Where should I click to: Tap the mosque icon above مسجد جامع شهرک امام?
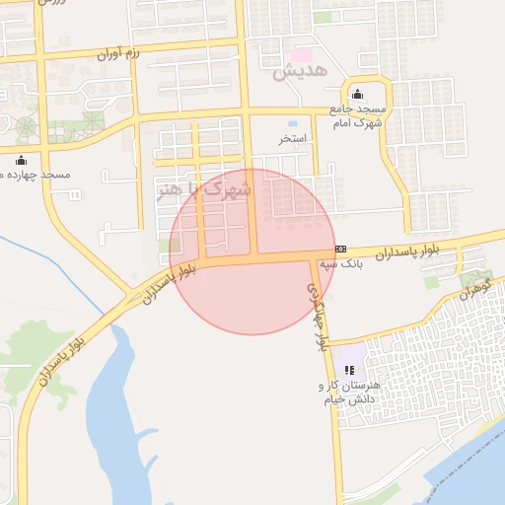(356, 94)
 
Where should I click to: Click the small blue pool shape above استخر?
(293, 122)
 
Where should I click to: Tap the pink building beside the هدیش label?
(301, 54)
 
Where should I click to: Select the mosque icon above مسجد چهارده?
(22, 160)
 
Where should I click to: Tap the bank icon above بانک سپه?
(340, 249)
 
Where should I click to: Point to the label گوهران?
(474, 288)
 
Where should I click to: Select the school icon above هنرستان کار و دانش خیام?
(349, 369)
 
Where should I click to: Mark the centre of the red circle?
(252, 252)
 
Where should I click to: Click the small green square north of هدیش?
(323, 18)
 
